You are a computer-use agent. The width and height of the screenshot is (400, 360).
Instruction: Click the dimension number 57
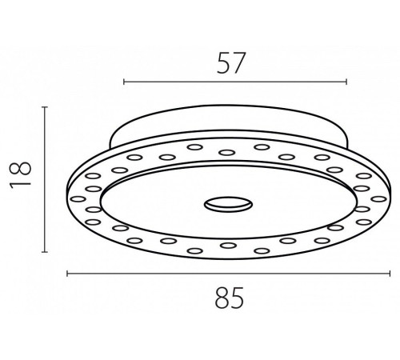(230, 63)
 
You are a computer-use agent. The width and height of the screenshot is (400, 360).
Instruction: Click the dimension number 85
(230, 298)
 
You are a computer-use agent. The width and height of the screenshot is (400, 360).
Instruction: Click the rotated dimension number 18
(21, 174)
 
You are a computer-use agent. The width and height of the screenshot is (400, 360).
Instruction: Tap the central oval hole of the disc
(228, 205)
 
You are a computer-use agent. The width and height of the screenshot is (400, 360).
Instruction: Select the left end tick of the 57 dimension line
(124, 82)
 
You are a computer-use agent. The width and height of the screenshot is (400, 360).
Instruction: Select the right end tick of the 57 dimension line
(346, 82)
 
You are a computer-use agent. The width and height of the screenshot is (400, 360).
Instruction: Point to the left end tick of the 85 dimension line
(67, 274)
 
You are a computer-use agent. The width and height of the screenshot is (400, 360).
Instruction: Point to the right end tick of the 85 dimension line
(390, 274)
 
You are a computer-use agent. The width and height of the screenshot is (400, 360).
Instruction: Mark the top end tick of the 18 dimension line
(45, 107)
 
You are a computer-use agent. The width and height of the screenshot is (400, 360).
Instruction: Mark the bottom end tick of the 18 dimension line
(45, 251)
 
